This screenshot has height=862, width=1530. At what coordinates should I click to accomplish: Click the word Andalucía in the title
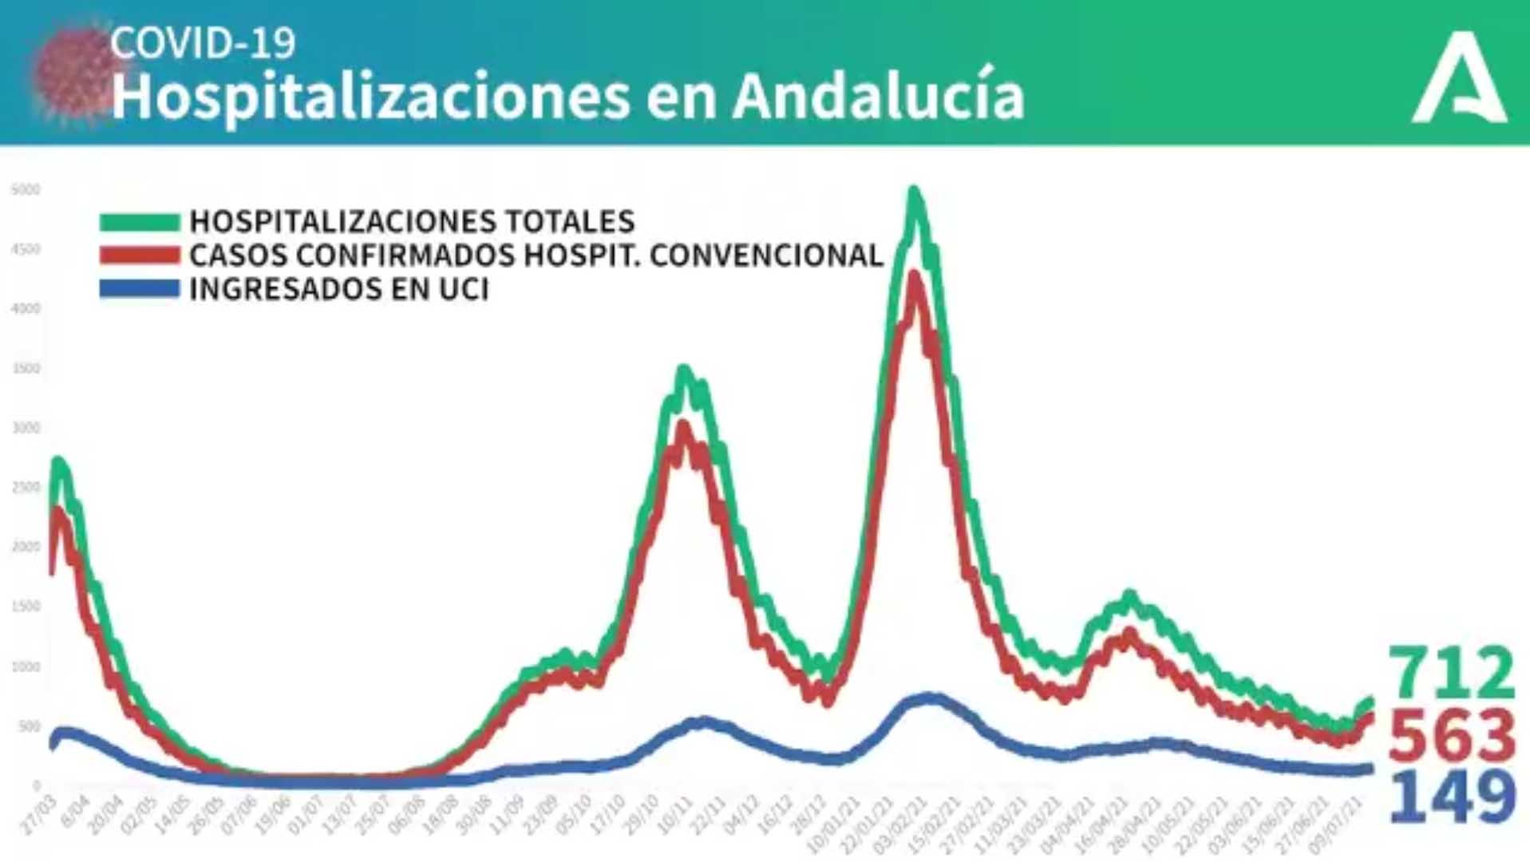coord(878,96)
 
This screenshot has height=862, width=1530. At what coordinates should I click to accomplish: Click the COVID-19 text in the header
coord(203,42)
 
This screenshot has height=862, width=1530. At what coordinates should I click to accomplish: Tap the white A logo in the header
coord(1460,78)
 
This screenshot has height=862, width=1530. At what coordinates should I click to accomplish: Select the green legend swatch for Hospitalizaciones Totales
coord(139,222)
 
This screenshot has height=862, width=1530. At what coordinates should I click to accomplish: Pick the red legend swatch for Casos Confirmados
coord(139,255)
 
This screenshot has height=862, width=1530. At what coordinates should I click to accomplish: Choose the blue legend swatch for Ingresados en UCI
coord(139,289)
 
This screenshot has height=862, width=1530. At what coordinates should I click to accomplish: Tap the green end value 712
coord(1451,673)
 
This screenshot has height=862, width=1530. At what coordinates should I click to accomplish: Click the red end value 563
coord(1451,735)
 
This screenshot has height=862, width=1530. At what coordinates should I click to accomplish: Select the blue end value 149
coord(1451,796)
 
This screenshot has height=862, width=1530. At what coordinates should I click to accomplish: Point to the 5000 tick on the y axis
coord(26,190)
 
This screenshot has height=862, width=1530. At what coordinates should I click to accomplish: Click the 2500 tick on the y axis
coord(26,488)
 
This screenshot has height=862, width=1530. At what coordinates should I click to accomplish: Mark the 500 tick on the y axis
coord(28,726)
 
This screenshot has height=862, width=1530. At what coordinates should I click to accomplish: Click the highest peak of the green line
coord(915,192)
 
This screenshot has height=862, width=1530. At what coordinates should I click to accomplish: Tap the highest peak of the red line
coord(915,276)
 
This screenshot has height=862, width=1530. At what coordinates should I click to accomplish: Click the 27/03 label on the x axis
coord(38,814)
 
